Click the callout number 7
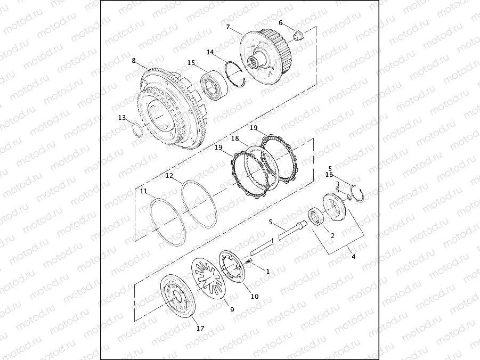[x=228, y=27]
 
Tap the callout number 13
[x=122, y=118]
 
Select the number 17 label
[x=200, y=329]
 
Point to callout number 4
[x=354, y=257]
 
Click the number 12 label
[x=169, y=176]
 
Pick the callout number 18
[x=235, y=138]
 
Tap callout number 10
[x=255, y=296]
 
